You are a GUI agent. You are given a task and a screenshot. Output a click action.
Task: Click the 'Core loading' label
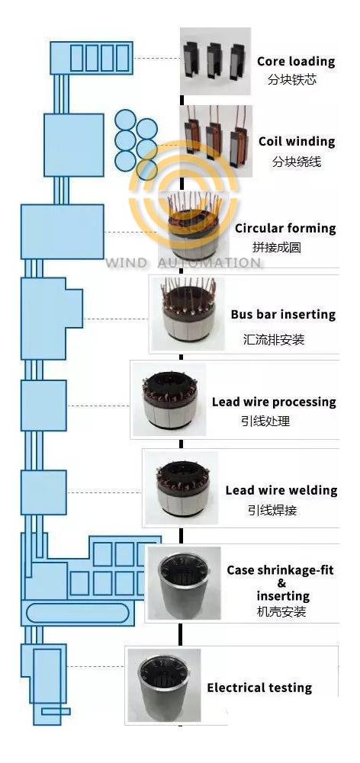[x=296, y=61]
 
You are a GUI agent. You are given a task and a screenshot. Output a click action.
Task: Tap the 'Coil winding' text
[x=297, y=142]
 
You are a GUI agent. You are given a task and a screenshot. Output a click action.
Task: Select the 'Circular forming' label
[x=285, y=228]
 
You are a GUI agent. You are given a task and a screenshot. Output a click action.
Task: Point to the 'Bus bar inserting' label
[x=283, y=314]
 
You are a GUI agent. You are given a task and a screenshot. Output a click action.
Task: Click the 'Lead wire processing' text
[x=274, y=402]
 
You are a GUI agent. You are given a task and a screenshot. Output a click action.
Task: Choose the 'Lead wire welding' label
[x=281, y=490]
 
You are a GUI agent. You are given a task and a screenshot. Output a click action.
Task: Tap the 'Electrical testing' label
[x=259, y=688]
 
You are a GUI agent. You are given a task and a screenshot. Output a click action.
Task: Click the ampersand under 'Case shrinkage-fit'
[x=281, y=583]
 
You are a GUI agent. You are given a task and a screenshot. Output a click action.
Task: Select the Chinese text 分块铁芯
[x=292, y=79]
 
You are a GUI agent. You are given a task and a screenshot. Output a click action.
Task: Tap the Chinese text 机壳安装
[x=281, y=611]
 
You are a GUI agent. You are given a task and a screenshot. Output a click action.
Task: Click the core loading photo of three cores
[x=216, y=61]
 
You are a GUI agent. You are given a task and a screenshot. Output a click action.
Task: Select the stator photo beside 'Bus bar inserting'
[x=188, y=314]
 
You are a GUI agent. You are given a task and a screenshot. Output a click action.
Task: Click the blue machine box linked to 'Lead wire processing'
[x=43, y=406]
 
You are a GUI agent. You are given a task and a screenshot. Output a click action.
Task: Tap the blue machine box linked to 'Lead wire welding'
[x=43, y=492]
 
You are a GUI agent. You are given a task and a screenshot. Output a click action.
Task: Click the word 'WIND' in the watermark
[x=126, y=263]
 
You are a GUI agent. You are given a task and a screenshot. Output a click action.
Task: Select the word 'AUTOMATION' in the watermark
[x=209, y=263]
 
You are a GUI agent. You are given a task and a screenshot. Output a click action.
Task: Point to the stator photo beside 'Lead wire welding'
[x=182, y=488]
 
